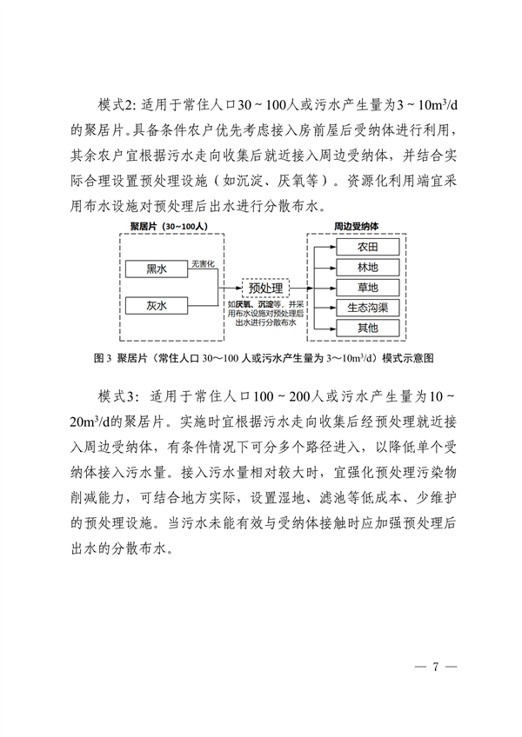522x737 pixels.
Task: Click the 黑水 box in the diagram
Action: (x=157, y=269)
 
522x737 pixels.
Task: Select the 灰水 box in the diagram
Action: (x=157, y=305)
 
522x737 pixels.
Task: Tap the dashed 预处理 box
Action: (x=267, y=287)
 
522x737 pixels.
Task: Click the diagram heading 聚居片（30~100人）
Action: (x=167, y=226)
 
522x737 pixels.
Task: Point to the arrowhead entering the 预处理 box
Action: (x=239, y=287)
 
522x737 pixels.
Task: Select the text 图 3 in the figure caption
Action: (x=97, y=357)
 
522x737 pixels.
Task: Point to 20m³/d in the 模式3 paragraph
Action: (x=93, y=422)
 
